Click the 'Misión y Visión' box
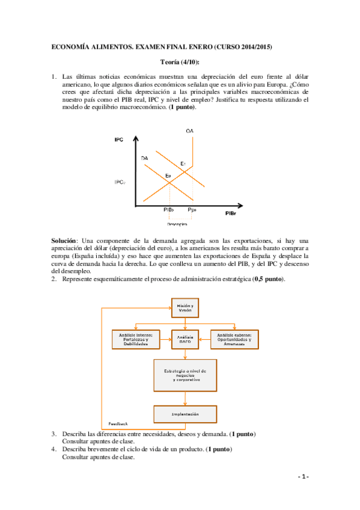[184, 308]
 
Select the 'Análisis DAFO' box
[184, 340]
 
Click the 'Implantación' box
[185, 414]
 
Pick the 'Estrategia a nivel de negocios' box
[185, 376]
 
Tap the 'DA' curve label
[144, 158]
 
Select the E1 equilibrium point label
[183, 164]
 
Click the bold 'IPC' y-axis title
[118, 140]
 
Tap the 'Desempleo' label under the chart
[179, 225]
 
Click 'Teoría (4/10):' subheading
[180, 62]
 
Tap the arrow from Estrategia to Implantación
[185, 399]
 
